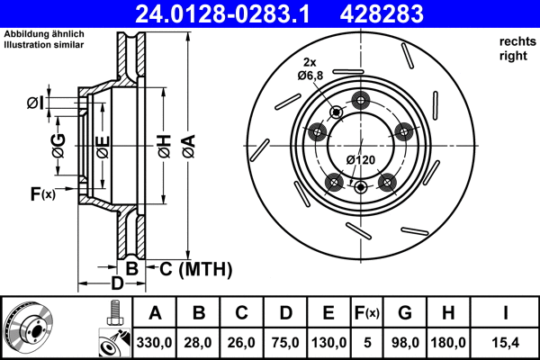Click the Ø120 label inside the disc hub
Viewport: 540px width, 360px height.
360,159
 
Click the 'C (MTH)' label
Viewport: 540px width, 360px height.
195,268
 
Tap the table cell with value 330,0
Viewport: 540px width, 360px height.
154,342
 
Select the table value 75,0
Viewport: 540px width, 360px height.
285,342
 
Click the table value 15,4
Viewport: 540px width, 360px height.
506,342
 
